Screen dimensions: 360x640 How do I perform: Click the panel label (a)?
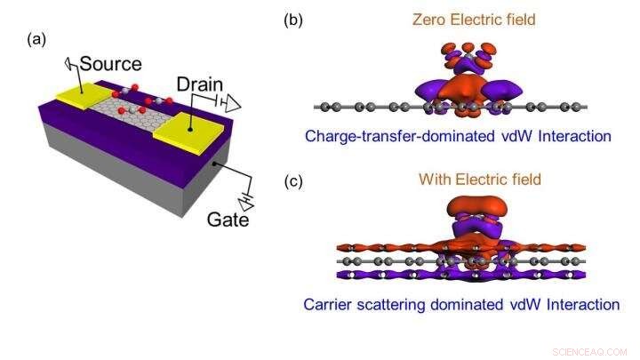point(36,39)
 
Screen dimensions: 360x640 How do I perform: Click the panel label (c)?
point(294,181)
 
